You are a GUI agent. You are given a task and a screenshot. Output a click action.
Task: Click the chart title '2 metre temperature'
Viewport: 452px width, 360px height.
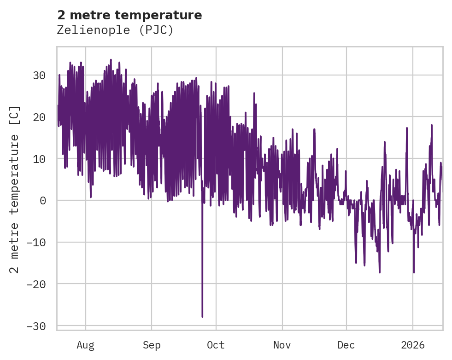pyautogui.click(x=129, y=15)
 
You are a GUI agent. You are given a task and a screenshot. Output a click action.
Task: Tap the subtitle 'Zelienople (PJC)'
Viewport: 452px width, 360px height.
pyautogui.click(x=115, y=30)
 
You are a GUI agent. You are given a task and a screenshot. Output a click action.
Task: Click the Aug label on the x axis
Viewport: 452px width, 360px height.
pyautogui.click(x=85, y=345)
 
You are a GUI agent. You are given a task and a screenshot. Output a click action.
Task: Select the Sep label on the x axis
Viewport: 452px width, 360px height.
pyautogui.click(x=151, y=345)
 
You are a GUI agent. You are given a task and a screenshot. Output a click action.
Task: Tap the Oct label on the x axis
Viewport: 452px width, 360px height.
pyautogui.click(x=216, y=345)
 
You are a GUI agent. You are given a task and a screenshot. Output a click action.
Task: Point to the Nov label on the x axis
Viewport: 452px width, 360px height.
pyautogui.click(x=282, y=345)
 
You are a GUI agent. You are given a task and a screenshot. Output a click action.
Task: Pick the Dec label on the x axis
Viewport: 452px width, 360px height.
pyautogui.click(x=346, y=345)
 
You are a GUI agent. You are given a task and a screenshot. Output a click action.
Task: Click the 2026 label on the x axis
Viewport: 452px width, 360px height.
pyautogui.click(x=412, y=345)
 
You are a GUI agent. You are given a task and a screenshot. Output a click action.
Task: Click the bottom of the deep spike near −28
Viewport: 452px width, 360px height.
pyautogui.click(x=202, y=317)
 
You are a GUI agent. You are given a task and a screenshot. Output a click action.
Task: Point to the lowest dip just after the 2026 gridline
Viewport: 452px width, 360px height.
pyautogui.click(x=414, y=272)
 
